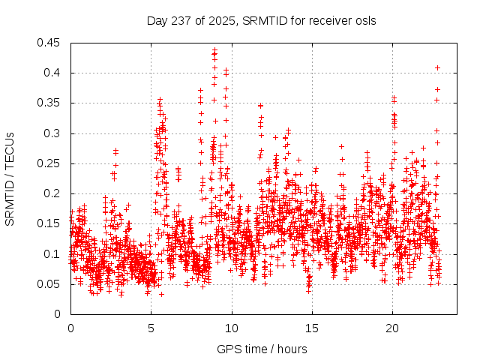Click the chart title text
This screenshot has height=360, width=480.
coord(261,19)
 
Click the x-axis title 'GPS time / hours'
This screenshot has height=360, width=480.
coord(261,349)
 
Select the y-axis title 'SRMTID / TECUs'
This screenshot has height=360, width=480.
coord(10,178)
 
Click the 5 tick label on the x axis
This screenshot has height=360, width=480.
coord(151,328)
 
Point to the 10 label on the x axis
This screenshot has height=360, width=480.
coord(232,328)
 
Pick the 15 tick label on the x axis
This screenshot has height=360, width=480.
coord(312,328)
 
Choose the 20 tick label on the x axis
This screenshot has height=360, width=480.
coord(392,328)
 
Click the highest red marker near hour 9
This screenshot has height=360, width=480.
coord(214,50)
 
